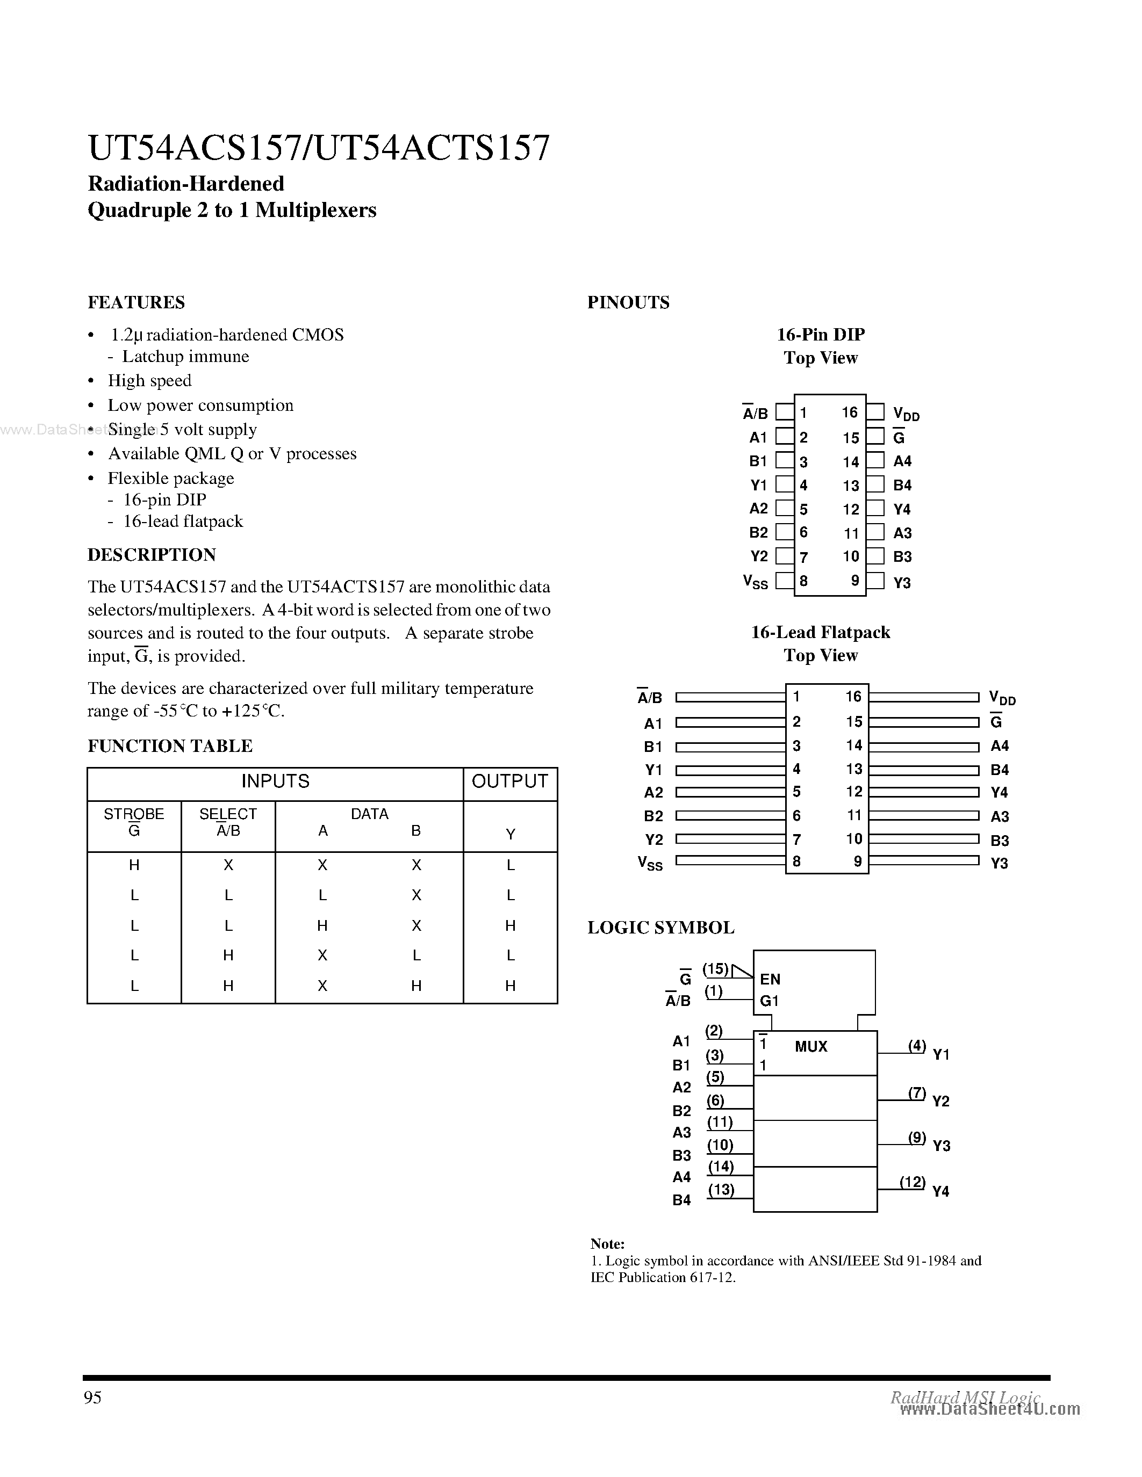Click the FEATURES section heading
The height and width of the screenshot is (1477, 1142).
[x=136, y=302]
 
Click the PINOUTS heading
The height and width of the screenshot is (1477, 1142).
[x=628, y=302]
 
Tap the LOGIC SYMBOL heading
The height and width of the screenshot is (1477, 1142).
[x=660, y=927]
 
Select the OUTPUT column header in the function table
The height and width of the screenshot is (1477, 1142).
[x=509, y=782]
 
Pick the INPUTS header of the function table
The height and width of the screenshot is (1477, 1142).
[x=275, y=782]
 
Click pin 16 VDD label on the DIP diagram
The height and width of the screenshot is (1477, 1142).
[x=905, y=414]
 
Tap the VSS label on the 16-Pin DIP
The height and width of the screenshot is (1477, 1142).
[x=755, y=582]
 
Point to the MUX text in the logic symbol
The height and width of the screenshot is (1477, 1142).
[x=810, y=1047]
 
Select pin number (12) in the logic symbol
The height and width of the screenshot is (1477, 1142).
[x=912, y=1182]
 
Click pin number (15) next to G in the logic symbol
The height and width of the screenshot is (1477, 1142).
[x=715, y=969]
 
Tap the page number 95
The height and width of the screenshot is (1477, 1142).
[x=92, y=1397]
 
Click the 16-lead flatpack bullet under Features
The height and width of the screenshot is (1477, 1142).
[x=183, y=522]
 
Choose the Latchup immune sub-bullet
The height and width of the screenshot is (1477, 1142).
[x=185, y=357]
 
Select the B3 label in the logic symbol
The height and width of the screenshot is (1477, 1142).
[x=681, y=1155]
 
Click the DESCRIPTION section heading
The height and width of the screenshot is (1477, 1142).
[x=152, y=555]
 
